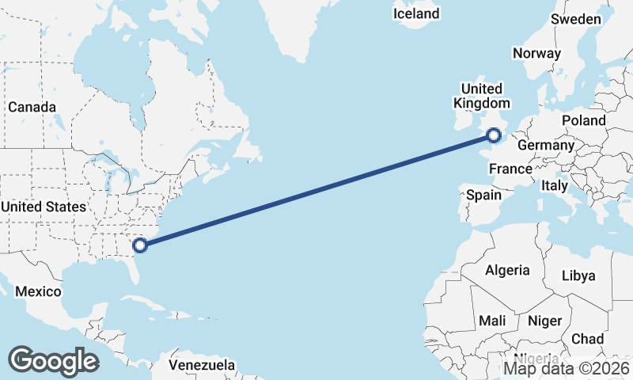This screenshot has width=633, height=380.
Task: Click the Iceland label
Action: coord(416,13)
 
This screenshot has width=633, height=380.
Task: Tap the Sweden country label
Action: coord(576,19)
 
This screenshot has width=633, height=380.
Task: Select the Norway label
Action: coord(536,54)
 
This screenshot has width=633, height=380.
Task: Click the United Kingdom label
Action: coord(481,96)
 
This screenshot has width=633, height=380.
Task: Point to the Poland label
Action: coord(583,120)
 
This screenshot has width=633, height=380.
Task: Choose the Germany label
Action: coord(545,146)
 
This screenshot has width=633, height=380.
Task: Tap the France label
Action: coord(510,169)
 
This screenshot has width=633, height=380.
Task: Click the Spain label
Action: coord(484,195)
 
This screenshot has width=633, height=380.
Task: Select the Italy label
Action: coord(555,185)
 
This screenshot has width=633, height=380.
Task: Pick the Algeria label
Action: coord(507,270)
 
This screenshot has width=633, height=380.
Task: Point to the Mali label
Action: coord(492,321)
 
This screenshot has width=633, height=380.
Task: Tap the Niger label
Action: coord(544,321)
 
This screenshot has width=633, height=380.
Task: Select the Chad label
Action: coord(587,339)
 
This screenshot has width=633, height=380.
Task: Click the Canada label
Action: coord(32,107)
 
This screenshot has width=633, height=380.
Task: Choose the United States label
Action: coord(43,207)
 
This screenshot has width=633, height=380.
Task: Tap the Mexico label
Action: coord(38,291)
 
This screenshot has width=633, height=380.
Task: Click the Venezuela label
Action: coord(203,365)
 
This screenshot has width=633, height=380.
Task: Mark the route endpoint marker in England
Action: coord(495,136)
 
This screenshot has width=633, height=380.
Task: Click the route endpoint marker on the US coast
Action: coord(140,245)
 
